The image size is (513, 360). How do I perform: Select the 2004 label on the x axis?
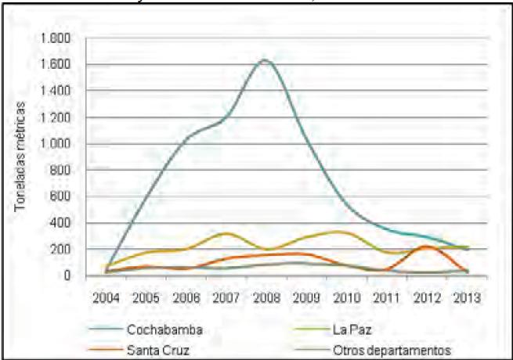pos(104,297)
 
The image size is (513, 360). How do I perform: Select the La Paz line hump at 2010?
pos(341,232)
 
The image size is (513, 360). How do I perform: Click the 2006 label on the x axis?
pos(184,297)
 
